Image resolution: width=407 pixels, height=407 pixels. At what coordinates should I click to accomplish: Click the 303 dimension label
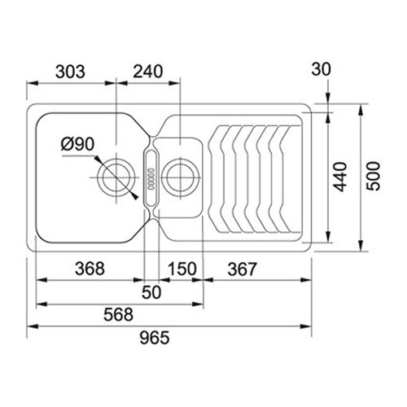(x=70, y=72)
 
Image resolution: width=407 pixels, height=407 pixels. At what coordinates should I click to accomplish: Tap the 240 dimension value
(x=148, y=72)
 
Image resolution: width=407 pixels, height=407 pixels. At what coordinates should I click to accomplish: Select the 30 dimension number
(x=321, y=69)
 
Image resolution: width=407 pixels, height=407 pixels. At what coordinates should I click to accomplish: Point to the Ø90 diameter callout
(x=77, y=144)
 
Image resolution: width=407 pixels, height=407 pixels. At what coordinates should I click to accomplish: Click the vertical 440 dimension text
(x=340, y=177)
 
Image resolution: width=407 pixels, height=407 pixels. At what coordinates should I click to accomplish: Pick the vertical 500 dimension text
(x=374, y=176)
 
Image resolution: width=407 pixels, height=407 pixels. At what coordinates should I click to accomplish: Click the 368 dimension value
(x=90, y=269)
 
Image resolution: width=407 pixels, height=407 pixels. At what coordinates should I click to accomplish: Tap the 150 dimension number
(x=182, y=269)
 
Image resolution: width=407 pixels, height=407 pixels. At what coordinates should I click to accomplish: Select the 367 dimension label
(x=242, y=269)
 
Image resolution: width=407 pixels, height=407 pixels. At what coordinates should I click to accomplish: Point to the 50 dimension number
(x=151, y=292)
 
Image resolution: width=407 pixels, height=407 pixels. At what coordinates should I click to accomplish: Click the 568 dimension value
(x=119, y=314)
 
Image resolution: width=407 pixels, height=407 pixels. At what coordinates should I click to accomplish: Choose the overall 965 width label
(x=155, y=338)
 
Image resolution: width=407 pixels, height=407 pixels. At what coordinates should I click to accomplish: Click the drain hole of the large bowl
(x=116, y=177)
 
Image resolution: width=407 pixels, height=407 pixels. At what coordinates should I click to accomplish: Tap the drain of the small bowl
(x=181, y=177)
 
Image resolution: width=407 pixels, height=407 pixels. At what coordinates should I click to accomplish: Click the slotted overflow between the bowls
(x=151, y=178)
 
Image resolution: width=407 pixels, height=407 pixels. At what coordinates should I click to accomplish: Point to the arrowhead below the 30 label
(x=328, y=98)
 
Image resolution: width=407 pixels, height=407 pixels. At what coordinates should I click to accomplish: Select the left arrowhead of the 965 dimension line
(x=33, y=326)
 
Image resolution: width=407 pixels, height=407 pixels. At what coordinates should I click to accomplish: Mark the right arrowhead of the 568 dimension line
(x=198, y=304)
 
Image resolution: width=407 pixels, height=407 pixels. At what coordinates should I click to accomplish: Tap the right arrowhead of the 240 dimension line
(x=174, y=83)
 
